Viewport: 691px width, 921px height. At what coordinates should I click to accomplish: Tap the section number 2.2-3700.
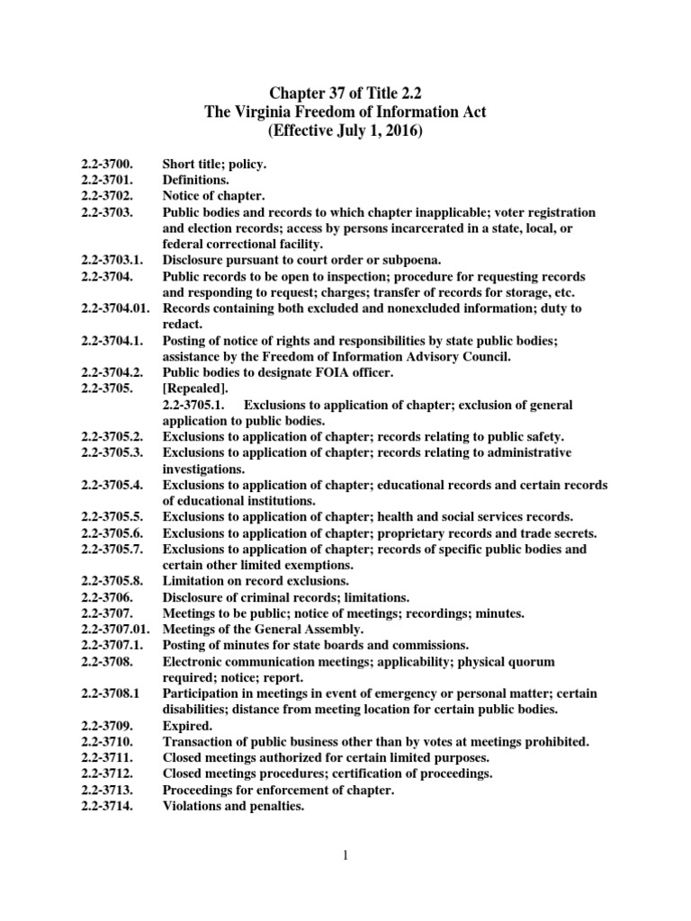click(x=107, y=165)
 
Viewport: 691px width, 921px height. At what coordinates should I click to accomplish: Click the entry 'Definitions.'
click(x=196, y=180)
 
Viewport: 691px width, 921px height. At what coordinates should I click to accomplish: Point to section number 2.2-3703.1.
click(x=112, y=260)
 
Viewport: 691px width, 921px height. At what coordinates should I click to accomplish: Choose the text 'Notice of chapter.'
click(x=213, y=196)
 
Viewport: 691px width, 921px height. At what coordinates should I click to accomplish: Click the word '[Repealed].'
click(x=195, y=389)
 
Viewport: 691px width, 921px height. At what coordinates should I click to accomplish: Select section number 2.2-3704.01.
click(x=115, y=308)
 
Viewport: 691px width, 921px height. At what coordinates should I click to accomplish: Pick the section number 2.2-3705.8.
click(x=112, y=581)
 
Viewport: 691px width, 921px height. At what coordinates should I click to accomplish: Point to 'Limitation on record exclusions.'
click(x=255, y=581)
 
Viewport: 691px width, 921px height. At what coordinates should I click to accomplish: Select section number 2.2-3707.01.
click(x=115, y=630)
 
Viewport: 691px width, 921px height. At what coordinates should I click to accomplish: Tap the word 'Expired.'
click(x=187, y=725)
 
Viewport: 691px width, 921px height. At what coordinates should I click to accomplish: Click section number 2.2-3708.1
click(x=110, y=693)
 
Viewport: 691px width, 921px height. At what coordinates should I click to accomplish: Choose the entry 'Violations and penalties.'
click(x=233, y=806)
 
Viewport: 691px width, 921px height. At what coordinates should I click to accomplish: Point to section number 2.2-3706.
click(x=107, y=597)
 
